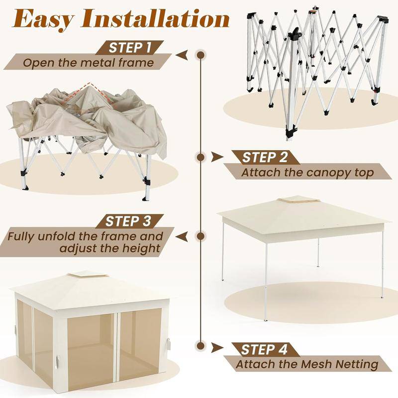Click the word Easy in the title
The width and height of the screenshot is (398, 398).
[43, 18]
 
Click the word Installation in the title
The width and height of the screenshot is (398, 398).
[155, 18]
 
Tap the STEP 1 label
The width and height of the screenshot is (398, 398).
[130, 47]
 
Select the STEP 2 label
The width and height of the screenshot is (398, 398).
[265, 157]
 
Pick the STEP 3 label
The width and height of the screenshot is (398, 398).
[128, 221]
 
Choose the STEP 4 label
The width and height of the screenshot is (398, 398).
[264, 350]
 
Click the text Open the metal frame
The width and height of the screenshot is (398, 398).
[89, 63]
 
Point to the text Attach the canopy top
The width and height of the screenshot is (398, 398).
[307, 172]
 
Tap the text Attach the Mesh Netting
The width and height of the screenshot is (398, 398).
[307, 364]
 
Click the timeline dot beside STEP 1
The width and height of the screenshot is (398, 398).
[201, 55]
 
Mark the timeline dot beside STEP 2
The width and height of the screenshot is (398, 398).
[201, 157]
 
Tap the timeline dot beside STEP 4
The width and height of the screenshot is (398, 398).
[201, 346]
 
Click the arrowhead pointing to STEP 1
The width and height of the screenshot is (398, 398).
[182, 55]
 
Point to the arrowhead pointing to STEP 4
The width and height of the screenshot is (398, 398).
[216, 347]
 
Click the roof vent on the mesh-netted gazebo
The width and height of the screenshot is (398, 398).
[88, 276]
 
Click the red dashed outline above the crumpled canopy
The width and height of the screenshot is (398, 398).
[85, 93]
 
